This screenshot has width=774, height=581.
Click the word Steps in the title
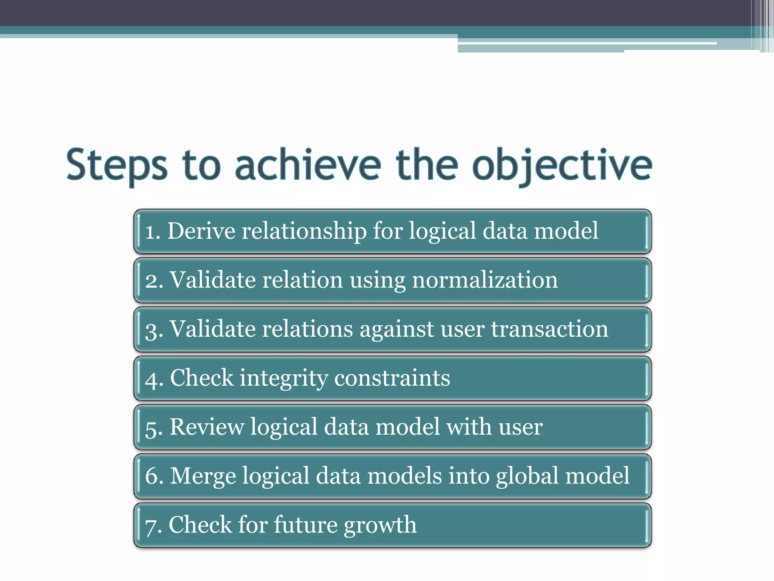(x=117, y=165)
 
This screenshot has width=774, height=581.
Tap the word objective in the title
(x=562, y=165)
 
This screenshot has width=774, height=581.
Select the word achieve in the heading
(x=308, y=165)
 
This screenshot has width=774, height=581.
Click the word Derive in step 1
(x=201, y=231)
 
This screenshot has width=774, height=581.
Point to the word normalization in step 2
(x=485, y=280)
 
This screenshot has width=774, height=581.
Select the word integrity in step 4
(x=284, y=378)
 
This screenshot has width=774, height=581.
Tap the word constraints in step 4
(x=392, y=378)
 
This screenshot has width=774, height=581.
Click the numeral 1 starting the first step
(x=150, y=231)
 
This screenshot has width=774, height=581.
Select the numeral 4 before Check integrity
(x=151, y=379)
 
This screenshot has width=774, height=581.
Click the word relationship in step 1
(x=304, y=231)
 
